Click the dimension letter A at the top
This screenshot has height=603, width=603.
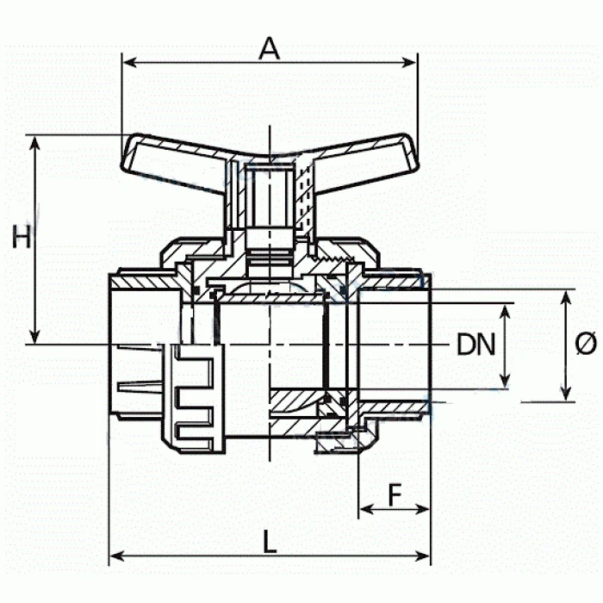tap(269, 48)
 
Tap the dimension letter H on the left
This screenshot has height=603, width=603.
tap(22, 237)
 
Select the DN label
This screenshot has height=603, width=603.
tap(476, 345)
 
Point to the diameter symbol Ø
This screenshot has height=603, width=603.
tap(585, 344)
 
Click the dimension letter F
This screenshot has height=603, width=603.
tap(395, 494)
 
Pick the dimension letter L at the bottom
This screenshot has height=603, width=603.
tap(270, 542)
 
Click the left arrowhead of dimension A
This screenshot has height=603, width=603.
tap(130, 62)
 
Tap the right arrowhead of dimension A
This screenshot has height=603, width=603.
tap(409, 62)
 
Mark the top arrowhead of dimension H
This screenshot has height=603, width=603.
tap(35, 143)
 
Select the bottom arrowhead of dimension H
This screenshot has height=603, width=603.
tap(35, 336)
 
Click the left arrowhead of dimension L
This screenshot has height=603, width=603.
tap(117, 556)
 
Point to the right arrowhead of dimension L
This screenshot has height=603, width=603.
tap(422, 556)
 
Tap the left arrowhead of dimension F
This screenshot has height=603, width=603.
tap(366, 510)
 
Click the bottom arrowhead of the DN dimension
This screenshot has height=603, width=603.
tap(506, 381)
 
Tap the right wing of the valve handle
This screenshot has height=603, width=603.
tap(365, 162)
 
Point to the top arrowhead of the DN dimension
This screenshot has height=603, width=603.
tap(506, 312)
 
